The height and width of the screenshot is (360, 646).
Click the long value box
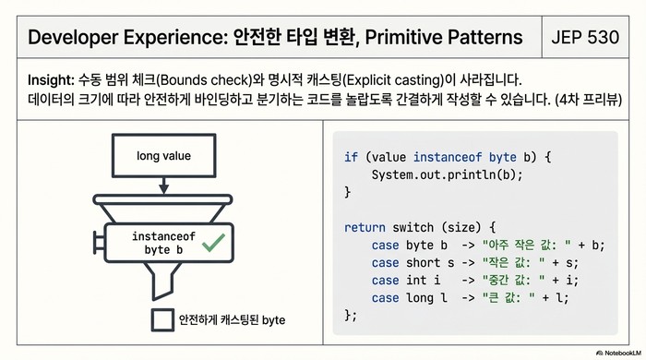coord(163,156)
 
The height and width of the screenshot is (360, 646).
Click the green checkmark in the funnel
coord(214,243)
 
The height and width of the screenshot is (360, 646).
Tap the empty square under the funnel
coord(163,319)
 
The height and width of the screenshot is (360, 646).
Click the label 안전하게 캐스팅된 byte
coord(233,319)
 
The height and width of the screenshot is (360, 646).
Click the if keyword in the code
coord(351,157)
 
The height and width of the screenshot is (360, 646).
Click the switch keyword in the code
coord(414,227)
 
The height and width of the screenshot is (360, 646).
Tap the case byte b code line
coord(488,245)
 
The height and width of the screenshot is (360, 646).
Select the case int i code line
coord(488,280)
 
